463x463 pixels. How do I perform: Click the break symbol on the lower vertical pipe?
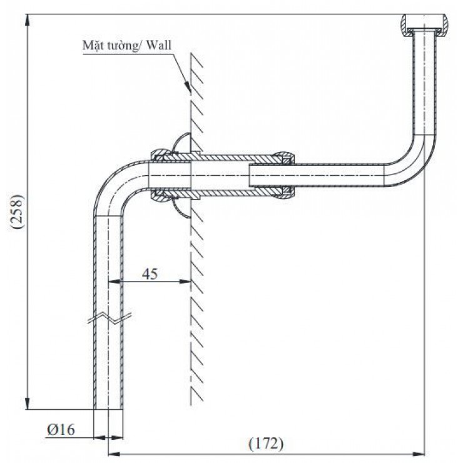click(109, 317)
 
